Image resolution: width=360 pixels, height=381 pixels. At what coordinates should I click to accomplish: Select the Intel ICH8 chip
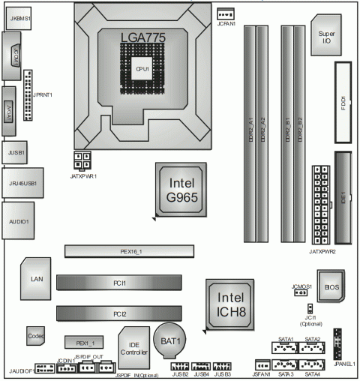pyautogui.click(x=229, y=303)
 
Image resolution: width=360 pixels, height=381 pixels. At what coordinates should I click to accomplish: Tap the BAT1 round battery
pyautogui.click(x=172, y=342)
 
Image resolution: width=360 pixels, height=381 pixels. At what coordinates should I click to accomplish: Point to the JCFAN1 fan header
pyautogui.click(x=226, y=13)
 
